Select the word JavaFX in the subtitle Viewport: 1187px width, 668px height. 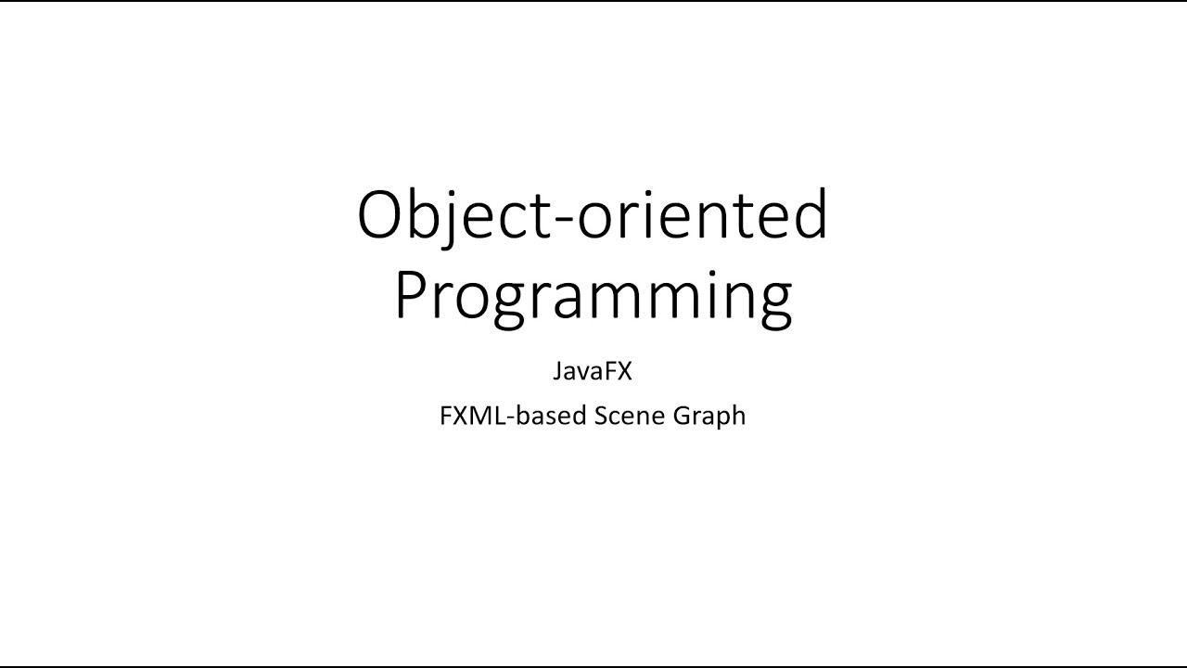593,372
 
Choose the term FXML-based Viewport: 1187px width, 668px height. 513,416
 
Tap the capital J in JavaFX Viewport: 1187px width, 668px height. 558,372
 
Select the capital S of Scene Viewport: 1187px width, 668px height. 600,416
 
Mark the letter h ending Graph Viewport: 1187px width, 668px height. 737,416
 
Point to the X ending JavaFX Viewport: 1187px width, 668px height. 623,372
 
